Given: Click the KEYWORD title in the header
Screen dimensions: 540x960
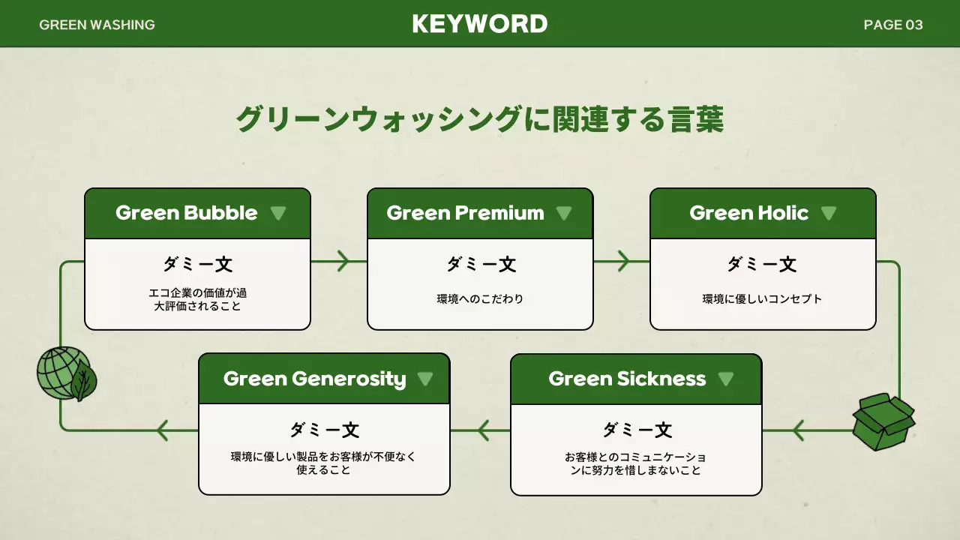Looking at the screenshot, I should pyautogui.click(x=480, y=24).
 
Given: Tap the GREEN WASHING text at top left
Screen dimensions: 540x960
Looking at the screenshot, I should pyautogui.click(x=97, y=25).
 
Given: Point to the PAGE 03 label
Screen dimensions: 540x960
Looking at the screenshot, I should pyautogui.click(x=893, y=25).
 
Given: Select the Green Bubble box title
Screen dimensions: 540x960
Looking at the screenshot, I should pyautogui.click(x=186, y=213).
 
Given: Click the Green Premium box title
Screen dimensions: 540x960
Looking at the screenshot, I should pyautogui.click(x=465, y=213).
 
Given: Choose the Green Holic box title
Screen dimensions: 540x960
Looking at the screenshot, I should pyautogui.click(x=748, y=213).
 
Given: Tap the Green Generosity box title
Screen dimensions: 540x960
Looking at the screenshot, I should pyautogui.click(x=314, y=379).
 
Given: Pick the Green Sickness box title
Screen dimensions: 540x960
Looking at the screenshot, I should pyautogui.click(x=627, y=379).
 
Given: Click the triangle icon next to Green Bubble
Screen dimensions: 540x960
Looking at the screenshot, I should pyautogui.click(x=278, y=213).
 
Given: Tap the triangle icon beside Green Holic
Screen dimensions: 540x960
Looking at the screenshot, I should pyautogui.click(x=828, y=213).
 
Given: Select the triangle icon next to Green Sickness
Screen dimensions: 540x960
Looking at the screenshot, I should pyautogui.click(x=725, y=379).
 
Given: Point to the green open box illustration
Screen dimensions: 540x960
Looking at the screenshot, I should pyautogui.click(x=883, y=422).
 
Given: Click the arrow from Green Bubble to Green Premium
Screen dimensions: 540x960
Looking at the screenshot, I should pyautogui.click(x=341, y=261).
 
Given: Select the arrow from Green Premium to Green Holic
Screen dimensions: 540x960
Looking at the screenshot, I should pyautogui.click(x=622, y=261).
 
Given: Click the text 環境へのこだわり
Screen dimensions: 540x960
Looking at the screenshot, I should pyautogui.click(x=480, y=299).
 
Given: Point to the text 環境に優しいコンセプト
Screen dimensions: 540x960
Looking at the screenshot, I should pyautogui.click(x=762, y=299).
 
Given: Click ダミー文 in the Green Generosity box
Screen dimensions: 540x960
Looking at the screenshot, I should pyautogui.click(x=324, y=430).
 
